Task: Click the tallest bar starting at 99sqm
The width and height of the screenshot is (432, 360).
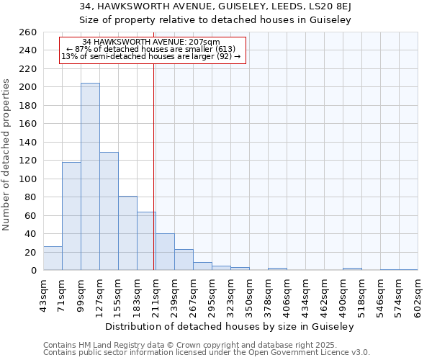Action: pyautogui.click(x=90, y=176)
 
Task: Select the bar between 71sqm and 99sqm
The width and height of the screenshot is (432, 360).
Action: pyautogui.click(x=71, y=216)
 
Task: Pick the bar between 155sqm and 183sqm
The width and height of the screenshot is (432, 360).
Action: pyautogui.click(x=127, y=233)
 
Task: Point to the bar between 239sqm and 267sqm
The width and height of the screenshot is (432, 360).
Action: pyautogui.click(x=184, y=260)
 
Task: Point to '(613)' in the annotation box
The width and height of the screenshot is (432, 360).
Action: pyautogui.click(x=221, y=49)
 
